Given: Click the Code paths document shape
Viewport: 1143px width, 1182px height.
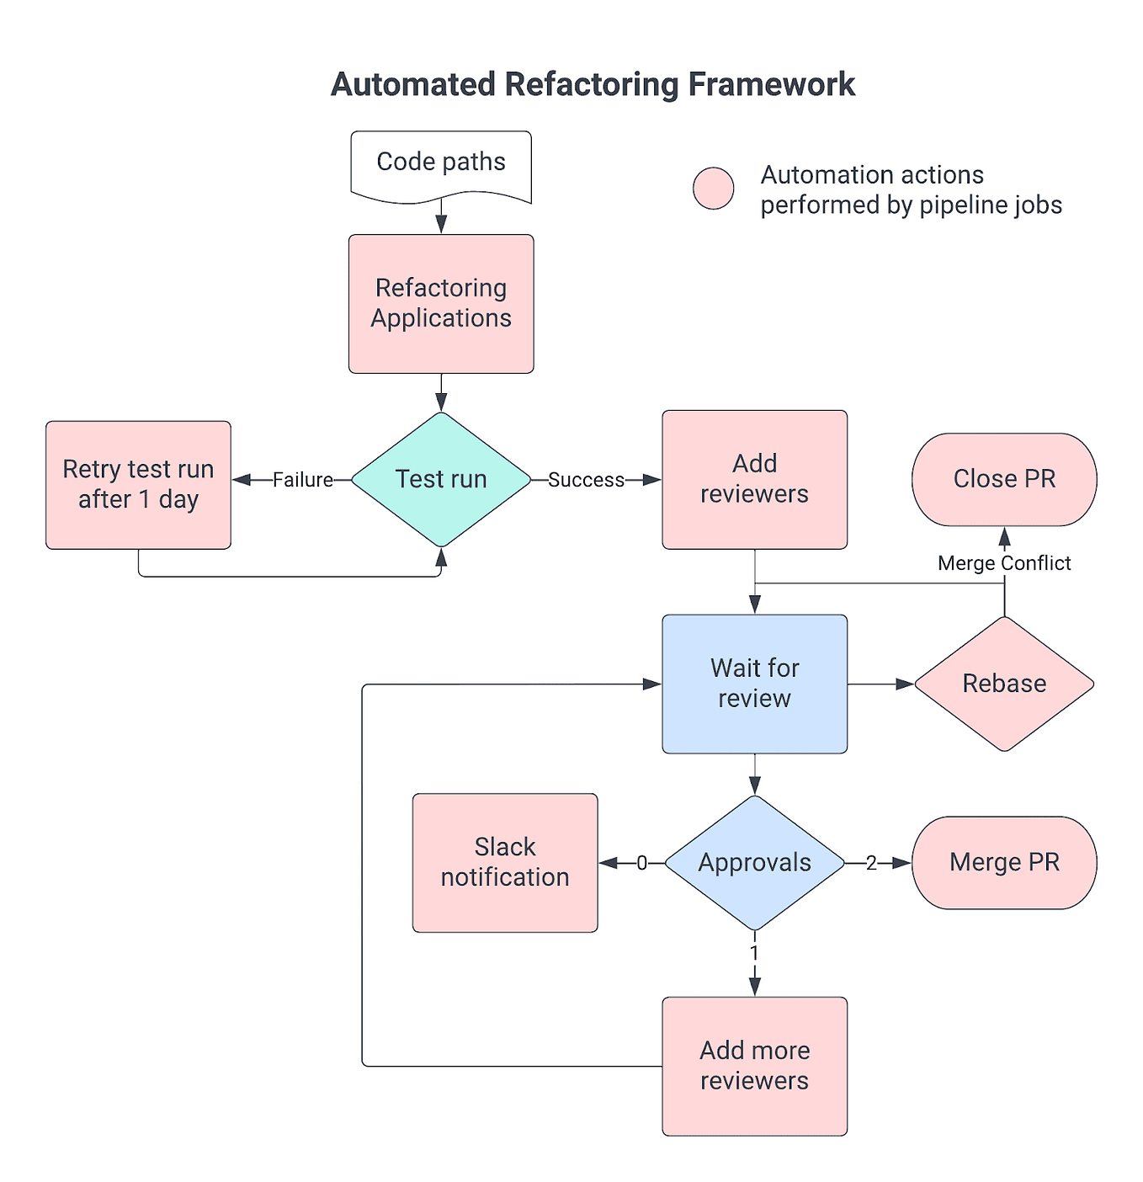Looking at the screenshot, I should (x=441, y=163).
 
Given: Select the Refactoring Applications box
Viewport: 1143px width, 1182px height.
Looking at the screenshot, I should (x=441, y=304).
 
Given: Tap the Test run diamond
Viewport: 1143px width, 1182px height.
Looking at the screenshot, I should (x=441, y=479).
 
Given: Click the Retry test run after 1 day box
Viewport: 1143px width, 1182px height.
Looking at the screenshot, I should (x=138, y=485).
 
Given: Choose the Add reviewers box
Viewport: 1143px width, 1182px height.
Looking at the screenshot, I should (x=754, y=479).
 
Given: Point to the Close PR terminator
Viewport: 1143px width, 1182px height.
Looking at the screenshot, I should (x=1004, y=479).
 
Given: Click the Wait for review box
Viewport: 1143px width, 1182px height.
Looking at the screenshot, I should (x=754, y=684).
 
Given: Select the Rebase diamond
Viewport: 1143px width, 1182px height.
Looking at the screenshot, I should (x=1004, y=684).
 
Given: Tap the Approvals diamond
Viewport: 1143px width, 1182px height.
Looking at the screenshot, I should (x=754, y=863).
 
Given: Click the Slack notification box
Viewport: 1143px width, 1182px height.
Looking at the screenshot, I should (x=505, y=863).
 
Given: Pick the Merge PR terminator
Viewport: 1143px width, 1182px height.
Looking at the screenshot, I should (x=1004, y=863).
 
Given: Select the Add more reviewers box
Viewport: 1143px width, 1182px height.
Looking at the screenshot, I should (x=754, y=1066).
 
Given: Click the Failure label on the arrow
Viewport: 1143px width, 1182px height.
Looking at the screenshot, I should (x=302, y=480).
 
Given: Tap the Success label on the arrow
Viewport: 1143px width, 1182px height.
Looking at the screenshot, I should (x=586, y=480).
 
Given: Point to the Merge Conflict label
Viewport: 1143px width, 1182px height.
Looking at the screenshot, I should (x=1004, y=563).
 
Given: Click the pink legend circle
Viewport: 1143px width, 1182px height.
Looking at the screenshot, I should (x=713, y=188).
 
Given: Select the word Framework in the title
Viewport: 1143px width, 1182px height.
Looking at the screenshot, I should (x=771, y=85).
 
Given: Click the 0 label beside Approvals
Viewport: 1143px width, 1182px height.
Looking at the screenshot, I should (x=641, y=863).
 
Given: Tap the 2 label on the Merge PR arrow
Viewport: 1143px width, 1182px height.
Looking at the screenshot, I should (x=871, y=863).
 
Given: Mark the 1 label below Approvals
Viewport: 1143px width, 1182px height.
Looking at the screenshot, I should (x=754, y=952).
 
